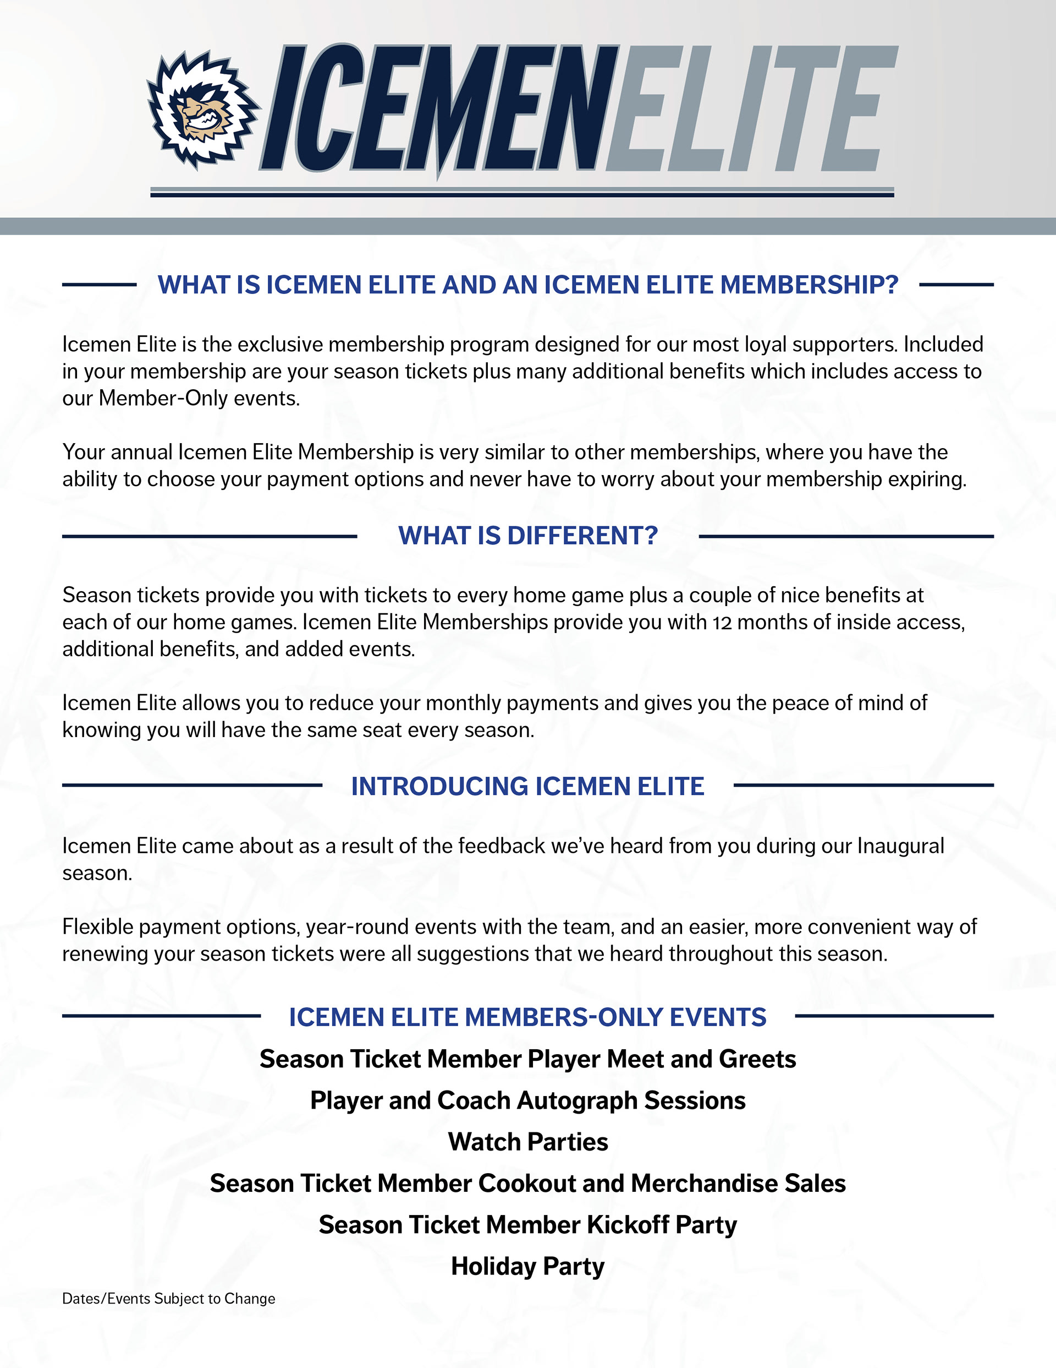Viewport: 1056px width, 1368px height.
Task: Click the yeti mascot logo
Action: click(x=201, y=111)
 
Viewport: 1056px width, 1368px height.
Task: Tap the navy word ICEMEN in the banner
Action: click(x=438, y=110)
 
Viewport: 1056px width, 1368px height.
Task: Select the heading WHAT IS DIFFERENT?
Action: click(x=527, y=536)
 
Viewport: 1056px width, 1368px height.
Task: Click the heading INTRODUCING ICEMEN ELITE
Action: click(x=527, y=787)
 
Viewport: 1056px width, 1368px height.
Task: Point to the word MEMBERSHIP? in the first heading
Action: click(x=809, y=285)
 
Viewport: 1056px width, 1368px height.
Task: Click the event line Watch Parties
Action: click(x=527, y=1142)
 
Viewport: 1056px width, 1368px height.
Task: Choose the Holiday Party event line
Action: click(x=527, y=1267)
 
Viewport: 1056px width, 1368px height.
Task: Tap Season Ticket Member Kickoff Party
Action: click(x=527, y=1225)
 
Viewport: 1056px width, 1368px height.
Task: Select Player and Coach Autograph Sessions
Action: click(x=527, y=1101)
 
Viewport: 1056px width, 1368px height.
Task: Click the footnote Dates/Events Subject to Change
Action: click(x=168, y=1299)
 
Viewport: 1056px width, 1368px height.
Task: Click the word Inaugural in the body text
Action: click(x=900, y=846)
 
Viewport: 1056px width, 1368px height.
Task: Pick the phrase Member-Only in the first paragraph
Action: click(x=163, y=399)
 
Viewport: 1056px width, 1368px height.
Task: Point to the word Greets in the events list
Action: click(x=757, y=1060)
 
